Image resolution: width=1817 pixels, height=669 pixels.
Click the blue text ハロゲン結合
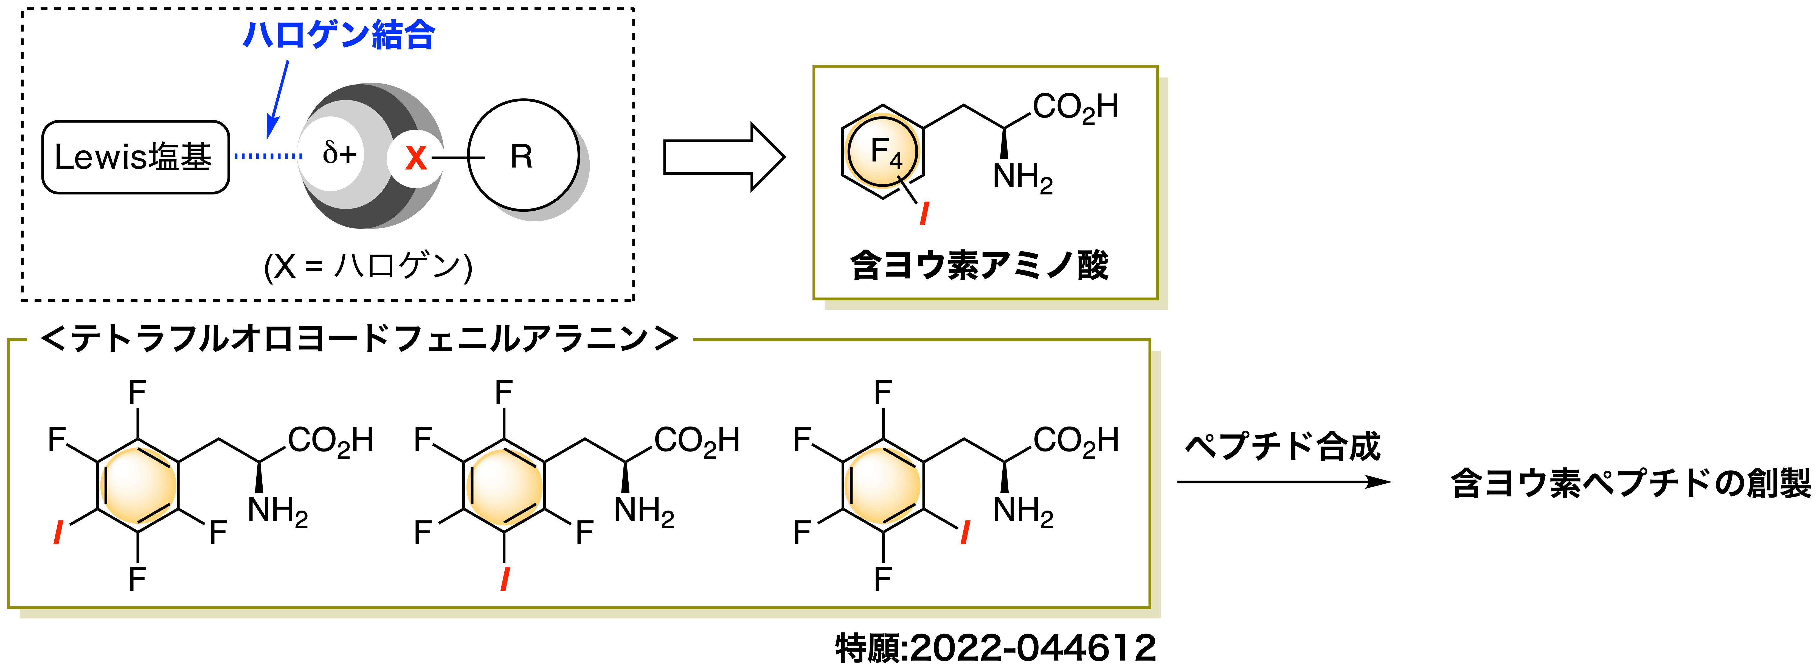click(339, 35)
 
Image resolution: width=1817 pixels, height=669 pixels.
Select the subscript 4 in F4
click(896, 161)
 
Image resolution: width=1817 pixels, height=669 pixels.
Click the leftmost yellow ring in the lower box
click(138, 486)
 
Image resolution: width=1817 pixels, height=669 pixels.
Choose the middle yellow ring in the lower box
click(504, 487)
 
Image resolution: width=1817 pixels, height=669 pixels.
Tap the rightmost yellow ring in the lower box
click(882, 486)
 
